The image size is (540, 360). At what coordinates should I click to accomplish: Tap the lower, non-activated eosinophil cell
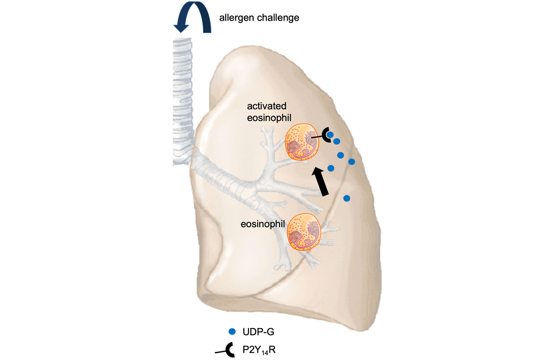coord(304,232)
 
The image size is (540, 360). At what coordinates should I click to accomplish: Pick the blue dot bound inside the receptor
coord(330,135)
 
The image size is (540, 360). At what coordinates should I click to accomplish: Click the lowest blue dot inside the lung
coord(347,198)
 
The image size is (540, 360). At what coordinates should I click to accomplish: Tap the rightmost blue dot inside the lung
coord(351,161)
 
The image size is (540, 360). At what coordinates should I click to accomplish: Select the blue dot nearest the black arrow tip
coord(331,168)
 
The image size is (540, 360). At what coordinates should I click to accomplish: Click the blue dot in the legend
coord(233,331)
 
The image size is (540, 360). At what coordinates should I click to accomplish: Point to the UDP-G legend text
coord(257,331)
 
